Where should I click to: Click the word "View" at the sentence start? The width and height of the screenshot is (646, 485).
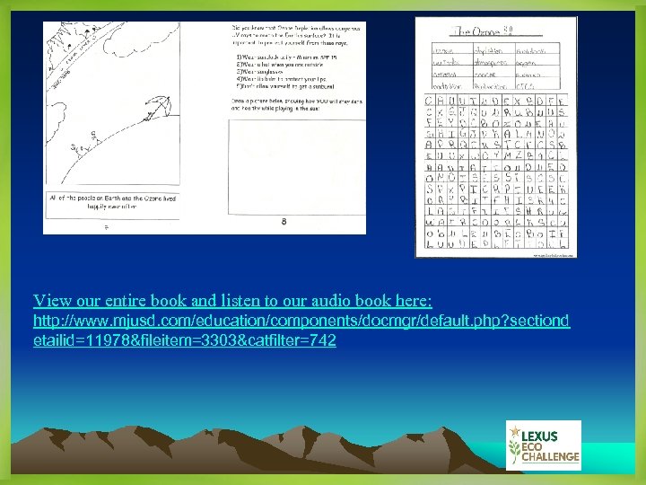pyautogui.click(x=51, y=300)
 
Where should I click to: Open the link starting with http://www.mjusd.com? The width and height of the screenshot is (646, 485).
pyautogui.click(x=301, y=321)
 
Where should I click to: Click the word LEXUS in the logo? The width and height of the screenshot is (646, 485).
pyautogui.click(x=537, y=436)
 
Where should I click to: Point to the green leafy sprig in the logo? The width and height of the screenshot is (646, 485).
pyautogui.click(x=514, y=445)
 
